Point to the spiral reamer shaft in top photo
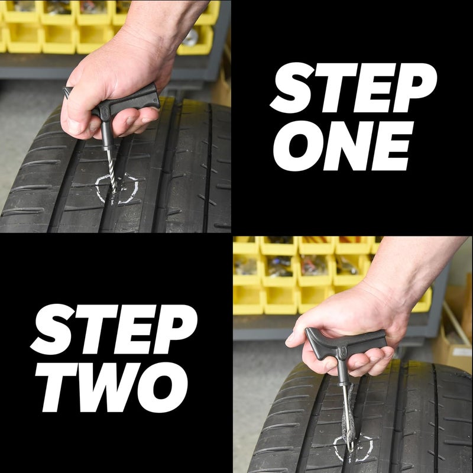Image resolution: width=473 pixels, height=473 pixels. [x=109, y=166]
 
